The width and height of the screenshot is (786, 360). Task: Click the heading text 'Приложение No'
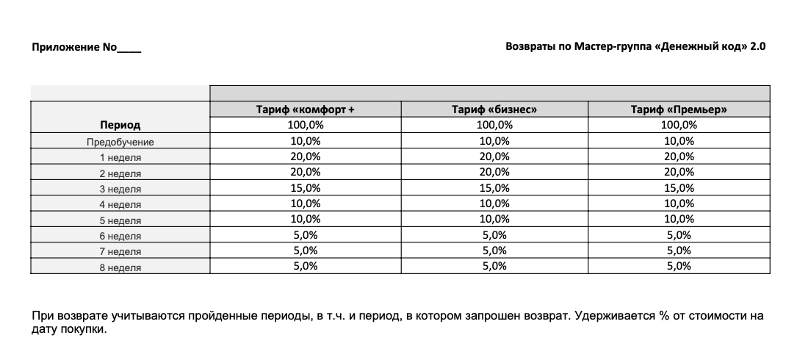pyautogui.click(x=74, y=48)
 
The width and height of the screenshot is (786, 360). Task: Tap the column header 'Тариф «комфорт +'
pyautogui.click(x=306, y=109)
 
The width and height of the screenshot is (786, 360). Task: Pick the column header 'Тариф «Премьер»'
pyautogui.click(x=679, y=109)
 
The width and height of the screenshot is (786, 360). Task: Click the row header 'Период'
pyautogui.click(x=120, y=126)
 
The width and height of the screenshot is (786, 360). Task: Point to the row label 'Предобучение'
pyautogui.click(x=120, y=142)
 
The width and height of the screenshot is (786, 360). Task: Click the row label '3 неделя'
pyautogui.click(x=120, y=189)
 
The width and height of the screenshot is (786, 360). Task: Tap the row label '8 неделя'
pyautogui.click(x=120, y=267)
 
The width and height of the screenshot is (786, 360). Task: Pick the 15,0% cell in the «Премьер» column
pyautogui.click(x=679, y=188)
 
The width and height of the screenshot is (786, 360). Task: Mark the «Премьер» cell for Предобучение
pyautogui.click(x=679, y=141)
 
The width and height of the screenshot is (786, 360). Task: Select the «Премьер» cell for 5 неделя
pyautogui.click(x=679, y=219)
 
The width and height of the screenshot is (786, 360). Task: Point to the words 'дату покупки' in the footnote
pyautogui.click(x=69, y=330)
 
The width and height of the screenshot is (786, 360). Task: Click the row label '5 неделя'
pyautogui.click(x=120, y=220)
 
